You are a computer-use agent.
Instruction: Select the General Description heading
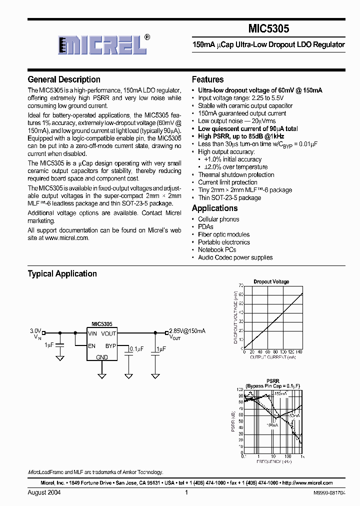[64, 79]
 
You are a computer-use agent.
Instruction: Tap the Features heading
[207, 79]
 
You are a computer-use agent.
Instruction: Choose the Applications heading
[214, 208]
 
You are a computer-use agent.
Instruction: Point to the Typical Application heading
[62, 273]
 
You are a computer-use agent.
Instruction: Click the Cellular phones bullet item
[218, 219]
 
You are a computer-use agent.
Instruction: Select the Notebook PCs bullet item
[217, 249]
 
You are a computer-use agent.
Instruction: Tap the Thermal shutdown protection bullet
[236, 174]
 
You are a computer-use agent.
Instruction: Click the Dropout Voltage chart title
[271, 282]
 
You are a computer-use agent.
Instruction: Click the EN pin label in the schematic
[92, 345]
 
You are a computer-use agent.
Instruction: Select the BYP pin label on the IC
[110, 345]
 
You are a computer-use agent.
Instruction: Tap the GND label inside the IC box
[101, 357]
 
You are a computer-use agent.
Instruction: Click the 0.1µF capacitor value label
[136, 348]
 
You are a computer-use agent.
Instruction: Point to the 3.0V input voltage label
[35, 331]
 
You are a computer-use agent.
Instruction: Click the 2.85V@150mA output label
[187, 331]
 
